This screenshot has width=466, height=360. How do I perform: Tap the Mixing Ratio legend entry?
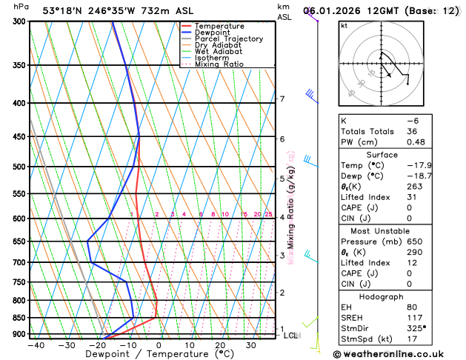pyautogui.click(x=219, y=64)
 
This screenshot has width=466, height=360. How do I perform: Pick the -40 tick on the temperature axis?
pyautogui.click(x=36, y=345)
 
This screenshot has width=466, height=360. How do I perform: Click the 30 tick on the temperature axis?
pyautogui.click(x=251, y=345)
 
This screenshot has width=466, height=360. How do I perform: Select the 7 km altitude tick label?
pyautogui.click(x=282, y=99)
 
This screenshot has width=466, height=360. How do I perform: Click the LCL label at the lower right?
pyautogui.click(x=291, y=336)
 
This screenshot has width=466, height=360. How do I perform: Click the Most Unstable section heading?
pyautogui.click(x=397, y=230)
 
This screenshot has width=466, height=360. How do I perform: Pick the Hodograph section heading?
pyautogui.click(x=397, y=296)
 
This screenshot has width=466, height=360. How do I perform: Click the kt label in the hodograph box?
pyautogui.click(x=344, y=26)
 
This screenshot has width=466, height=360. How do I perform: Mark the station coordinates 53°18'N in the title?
pyautogui.click(x=63, y=10)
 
